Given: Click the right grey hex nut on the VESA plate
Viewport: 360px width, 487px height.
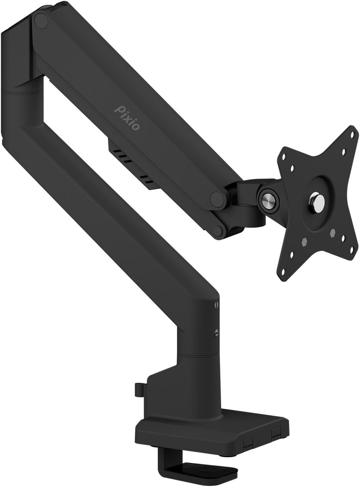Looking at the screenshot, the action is click(333, 233).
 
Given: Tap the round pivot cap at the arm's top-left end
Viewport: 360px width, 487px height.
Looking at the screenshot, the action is click(41, 21).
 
